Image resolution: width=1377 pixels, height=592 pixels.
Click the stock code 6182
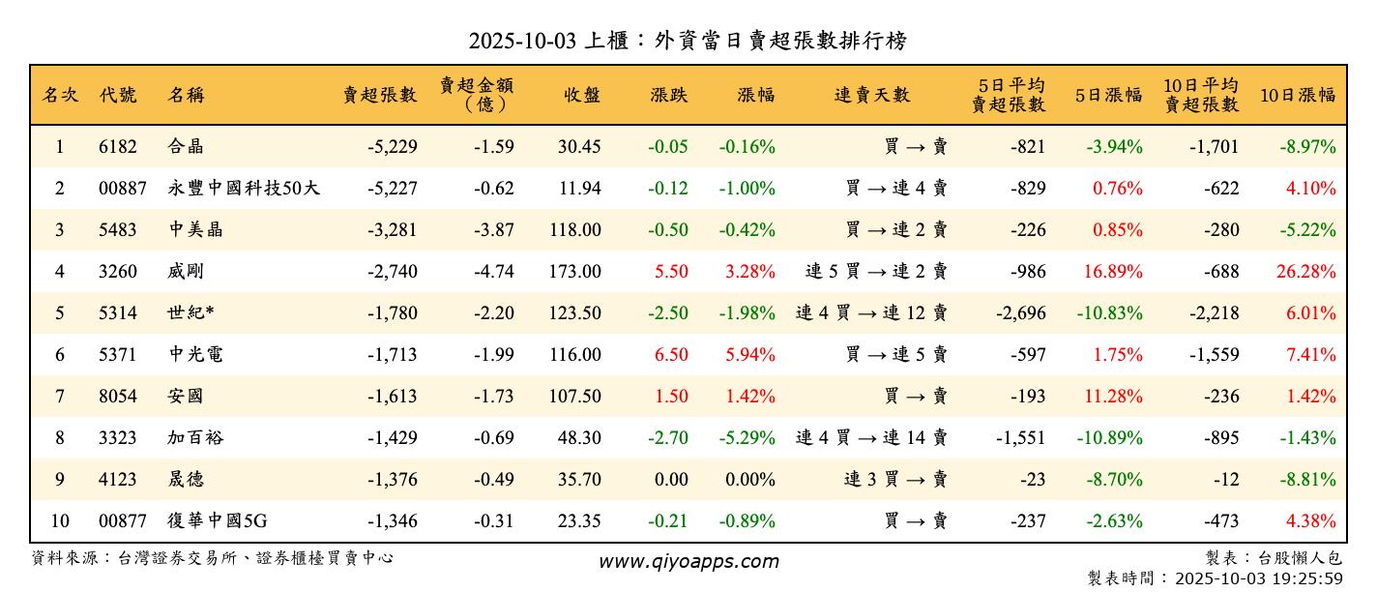(x=118, y=147)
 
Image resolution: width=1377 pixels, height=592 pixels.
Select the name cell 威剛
(x=186, y=272)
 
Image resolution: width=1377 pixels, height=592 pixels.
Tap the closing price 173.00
(x=579, y=272)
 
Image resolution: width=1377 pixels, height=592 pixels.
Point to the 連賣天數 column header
(x=872, y=95)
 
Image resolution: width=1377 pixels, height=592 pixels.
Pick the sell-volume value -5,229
(x=393, y=147)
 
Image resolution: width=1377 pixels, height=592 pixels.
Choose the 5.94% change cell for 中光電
(x=750, y=355)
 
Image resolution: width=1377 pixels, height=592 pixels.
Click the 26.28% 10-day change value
(x=1305, y=272)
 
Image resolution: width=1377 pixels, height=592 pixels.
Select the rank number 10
(x=60, y=521)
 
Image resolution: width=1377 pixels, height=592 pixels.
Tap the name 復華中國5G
(x=218, y=521)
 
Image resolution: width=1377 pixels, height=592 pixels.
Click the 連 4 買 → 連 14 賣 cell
(x=871, y=438)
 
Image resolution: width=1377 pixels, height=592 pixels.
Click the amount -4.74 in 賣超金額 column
(x=494, y=272)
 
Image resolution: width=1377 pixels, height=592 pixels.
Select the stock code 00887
(x=123, y=189)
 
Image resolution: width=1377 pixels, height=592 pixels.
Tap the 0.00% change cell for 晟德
(x=750, y=480)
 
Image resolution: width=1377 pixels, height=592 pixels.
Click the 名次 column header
(x=60, y=95)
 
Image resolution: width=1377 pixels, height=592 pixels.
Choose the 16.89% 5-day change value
(x=1113, y=272)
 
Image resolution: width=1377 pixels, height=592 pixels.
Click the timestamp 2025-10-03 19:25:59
(x=1258, y=578)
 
